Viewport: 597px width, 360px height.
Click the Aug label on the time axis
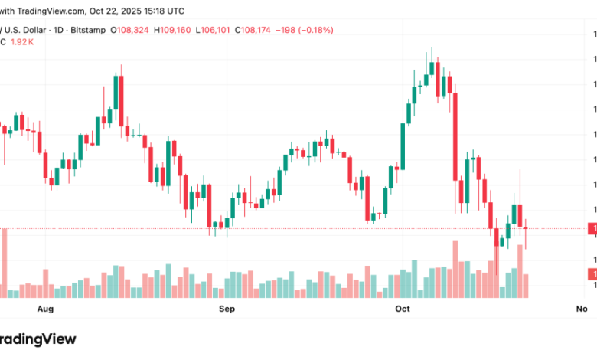(x=46, y=309)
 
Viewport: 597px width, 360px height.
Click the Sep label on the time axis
(x=227, y=309)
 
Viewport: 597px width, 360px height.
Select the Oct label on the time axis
(x=403, y=309)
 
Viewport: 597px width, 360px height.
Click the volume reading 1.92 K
(x=21, y=41)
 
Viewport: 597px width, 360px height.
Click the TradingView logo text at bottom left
(x=38, y=339)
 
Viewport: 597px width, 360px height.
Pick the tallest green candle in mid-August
(x=115, y=100)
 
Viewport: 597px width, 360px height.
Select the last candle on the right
(x=526, y=228)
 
